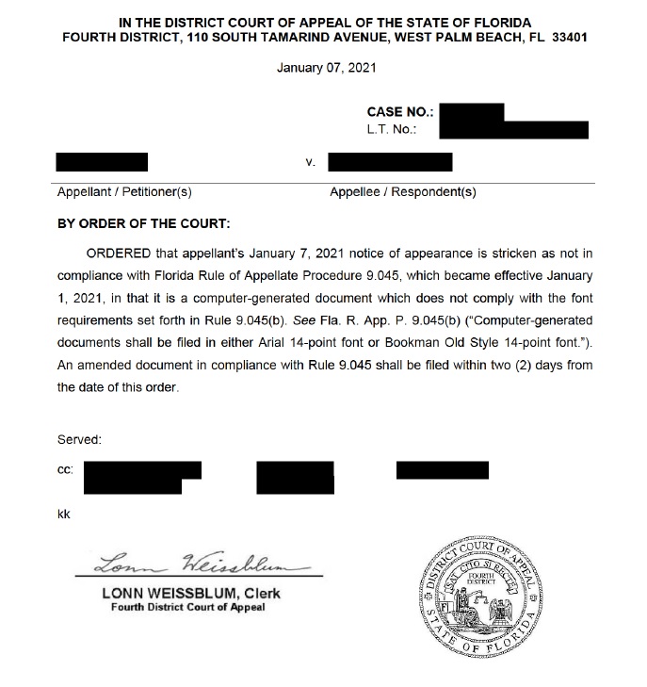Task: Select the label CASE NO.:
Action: [399, 112]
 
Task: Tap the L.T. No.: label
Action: [393, 129]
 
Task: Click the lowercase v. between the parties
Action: [310, 162]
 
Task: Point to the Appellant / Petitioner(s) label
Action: [124, 192]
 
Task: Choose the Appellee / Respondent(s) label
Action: [403, 192]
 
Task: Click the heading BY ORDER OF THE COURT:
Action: [144, 224]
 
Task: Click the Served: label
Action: [79, 439]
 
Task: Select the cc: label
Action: [66, 468]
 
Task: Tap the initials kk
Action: [64, 514]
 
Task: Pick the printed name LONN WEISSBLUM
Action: [169, 593]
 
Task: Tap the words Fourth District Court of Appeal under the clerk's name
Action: [187, 607]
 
